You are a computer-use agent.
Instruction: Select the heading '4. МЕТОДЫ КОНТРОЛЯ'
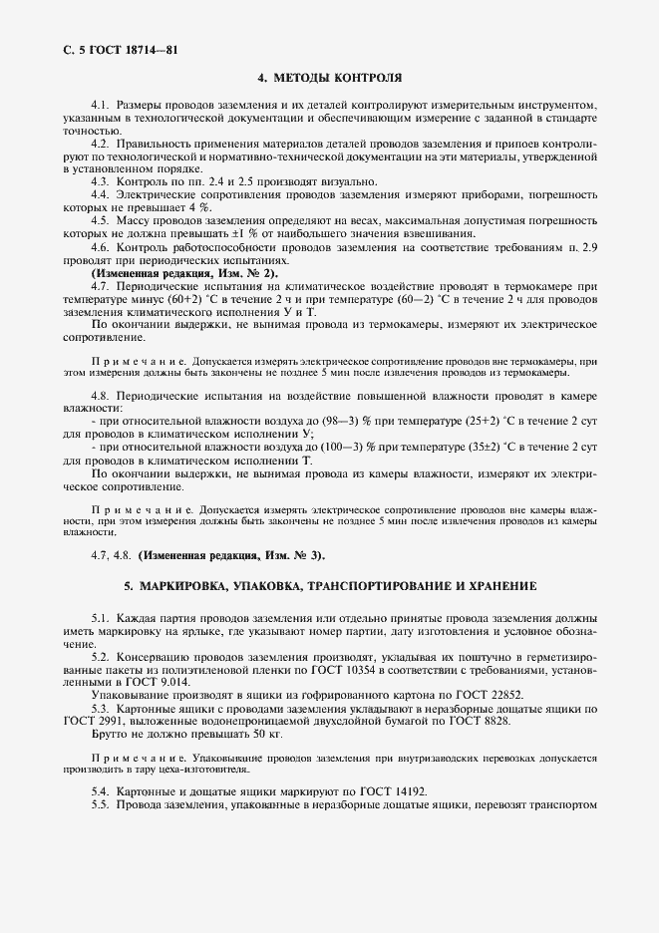pos(329,77)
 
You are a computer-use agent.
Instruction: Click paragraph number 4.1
pos(100,105)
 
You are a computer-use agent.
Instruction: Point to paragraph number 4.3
pos(100,181)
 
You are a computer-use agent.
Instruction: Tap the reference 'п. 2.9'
pos(583,246)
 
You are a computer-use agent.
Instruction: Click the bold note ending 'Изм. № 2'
pos(185,272)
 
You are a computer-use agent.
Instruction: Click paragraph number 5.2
pos(100,658)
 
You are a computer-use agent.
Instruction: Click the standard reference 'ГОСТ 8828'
pos(477,721)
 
